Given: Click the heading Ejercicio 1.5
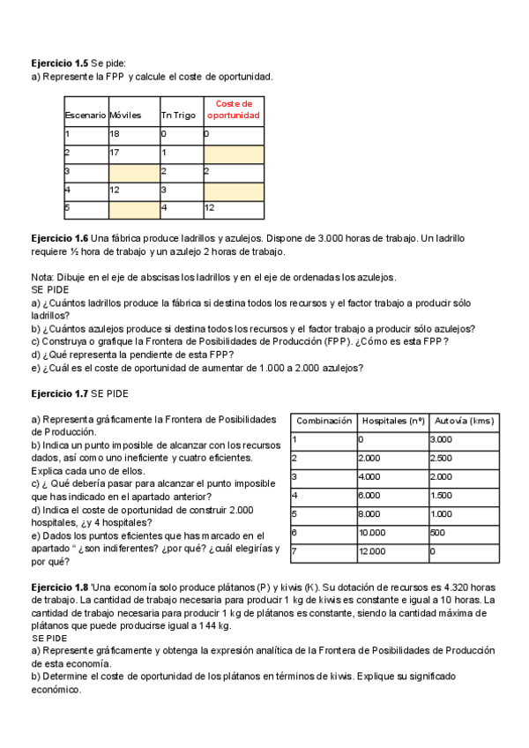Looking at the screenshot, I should pos(59,64).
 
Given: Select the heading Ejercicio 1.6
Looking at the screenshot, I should pos(59,239).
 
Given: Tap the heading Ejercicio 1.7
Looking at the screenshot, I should pos(59,391).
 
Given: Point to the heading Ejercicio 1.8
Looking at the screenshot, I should pos(59,587).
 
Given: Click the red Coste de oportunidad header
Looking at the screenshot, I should pos(234,109).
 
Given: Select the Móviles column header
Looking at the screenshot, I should pos(124,116).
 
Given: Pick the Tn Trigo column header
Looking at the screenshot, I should pos(177,116).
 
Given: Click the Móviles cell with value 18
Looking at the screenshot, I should pos(115,134).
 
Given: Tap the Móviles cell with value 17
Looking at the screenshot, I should pos(115,153).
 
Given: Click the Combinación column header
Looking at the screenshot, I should pos(324,422).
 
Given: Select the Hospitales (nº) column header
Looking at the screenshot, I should pos(392,422).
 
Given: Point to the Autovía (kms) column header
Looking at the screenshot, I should pos(464,422).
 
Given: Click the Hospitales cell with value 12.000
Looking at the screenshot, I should pos(372,551).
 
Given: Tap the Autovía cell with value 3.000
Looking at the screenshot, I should pos(440,439).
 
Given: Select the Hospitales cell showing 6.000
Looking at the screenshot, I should pos(369,496).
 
